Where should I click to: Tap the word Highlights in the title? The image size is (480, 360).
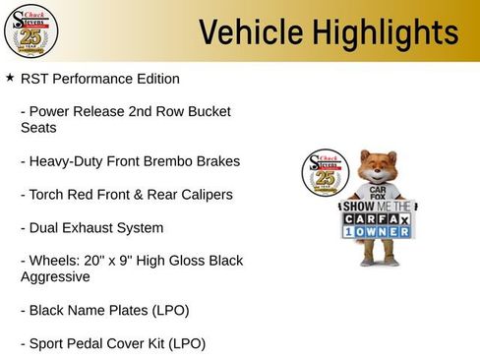click(386, 32)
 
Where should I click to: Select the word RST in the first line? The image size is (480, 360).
click(35, 78)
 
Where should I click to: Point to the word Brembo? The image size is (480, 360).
click(176, 160)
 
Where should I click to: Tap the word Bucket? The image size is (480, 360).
click(210, 111)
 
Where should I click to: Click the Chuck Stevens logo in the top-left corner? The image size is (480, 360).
click(30, 30)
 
